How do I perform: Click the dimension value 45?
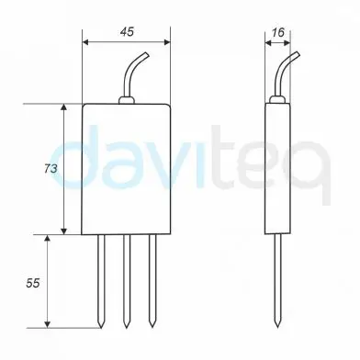coord(126,30)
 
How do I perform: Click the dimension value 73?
coord(51,169)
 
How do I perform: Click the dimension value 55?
coord(32,284)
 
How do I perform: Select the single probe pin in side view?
coord(278,276)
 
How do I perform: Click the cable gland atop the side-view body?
coord(278,99)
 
